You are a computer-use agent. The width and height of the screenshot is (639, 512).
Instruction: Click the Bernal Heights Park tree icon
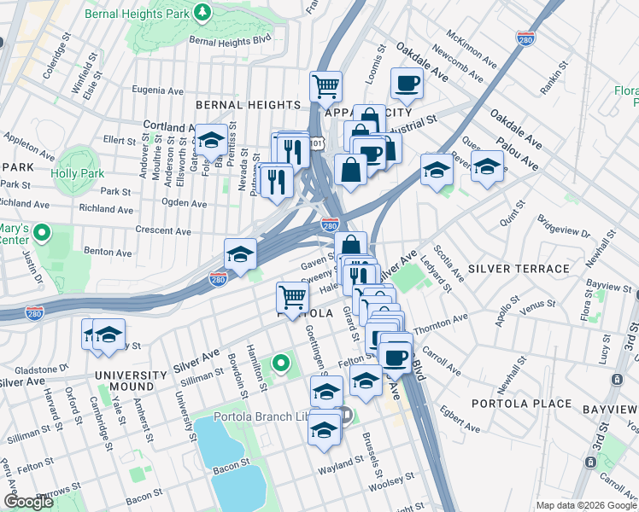tap(202, 12)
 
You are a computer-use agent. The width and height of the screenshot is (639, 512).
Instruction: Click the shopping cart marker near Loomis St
tap(325, 85)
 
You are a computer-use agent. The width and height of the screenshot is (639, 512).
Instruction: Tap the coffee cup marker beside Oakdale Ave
tap(407, 84)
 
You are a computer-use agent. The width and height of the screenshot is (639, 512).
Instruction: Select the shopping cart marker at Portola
tap(292, 297)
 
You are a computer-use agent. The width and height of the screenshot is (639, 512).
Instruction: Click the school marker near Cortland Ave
tap(211, 140)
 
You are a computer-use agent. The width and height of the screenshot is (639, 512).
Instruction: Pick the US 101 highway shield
tap(316, 144)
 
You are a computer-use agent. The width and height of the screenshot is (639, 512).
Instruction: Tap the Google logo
tap(27, 502)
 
